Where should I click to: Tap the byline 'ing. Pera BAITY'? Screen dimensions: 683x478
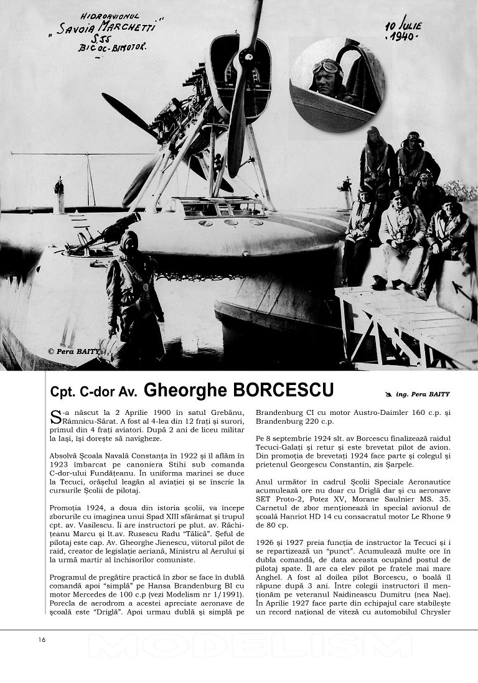[424, 394]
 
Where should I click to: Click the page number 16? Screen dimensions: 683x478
[41, 639]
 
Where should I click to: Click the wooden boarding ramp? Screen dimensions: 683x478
[405, 323]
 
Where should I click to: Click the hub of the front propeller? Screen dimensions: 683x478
[246, 60]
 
